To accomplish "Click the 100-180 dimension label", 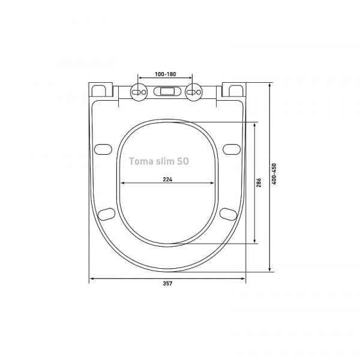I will tap(164, 74).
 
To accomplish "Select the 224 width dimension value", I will tap(167, 178).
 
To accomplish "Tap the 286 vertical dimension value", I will tap(259, 183).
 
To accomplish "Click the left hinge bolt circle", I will tap(138, 92).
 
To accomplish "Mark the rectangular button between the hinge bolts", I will tap(166, 92).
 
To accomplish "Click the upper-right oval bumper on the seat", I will tap(231, 148).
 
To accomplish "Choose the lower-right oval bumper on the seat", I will tap(228, 213).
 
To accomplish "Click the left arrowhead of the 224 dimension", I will tap(122, 183).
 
